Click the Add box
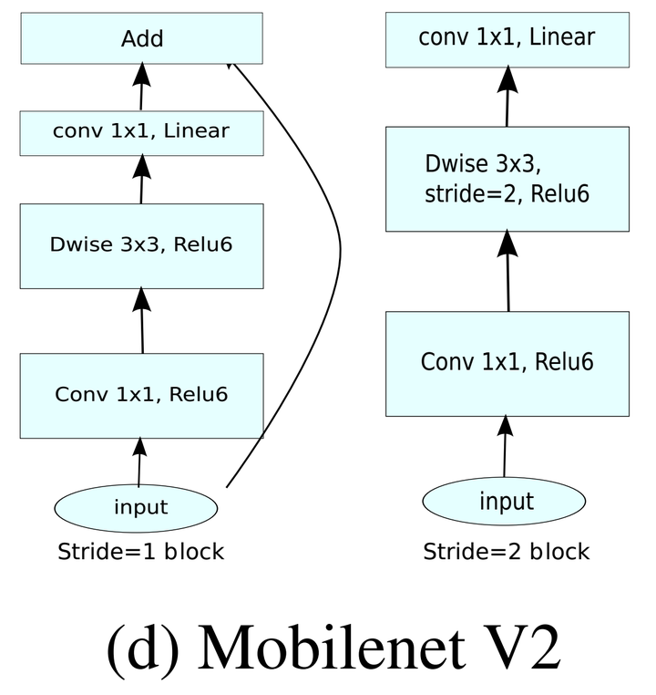pyautogui.click(x=141, y=38)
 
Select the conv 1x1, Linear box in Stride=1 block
pyautogui.click(x=141, y=132)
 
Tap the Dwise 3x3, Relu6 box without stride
pyautogui.click(x=141, y=245)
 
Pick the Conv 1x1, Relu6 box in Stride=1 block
pyautogui.click(x=141, y=394)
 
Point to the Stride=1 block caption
pyautogui.click(x=140, y=552)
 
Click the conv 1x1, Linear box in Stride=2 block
pyautogui.click(x=507, y=38)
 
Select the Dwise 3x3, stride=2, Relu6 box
pyautogui.click(x=507, y=179)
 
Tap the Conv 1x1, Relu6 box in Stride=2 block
pyautogui.click(x=507, y=362)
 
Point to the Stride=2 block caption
pyautogui.click(x=506, y=552)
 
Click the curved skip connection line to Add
pyautogui.click(x=338, y=246)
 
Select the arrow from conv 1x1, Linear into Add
pyautogui.click(x=141, y=88)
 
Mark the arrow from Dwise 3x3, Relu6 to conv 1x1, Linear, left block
pyautogui.click(x=141, y=179)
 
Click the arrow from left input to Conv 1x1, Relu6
pyautogui.click(x=139, y=462)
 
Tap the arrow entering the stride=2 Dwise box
pyautogui.click(x=507, y=271)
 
